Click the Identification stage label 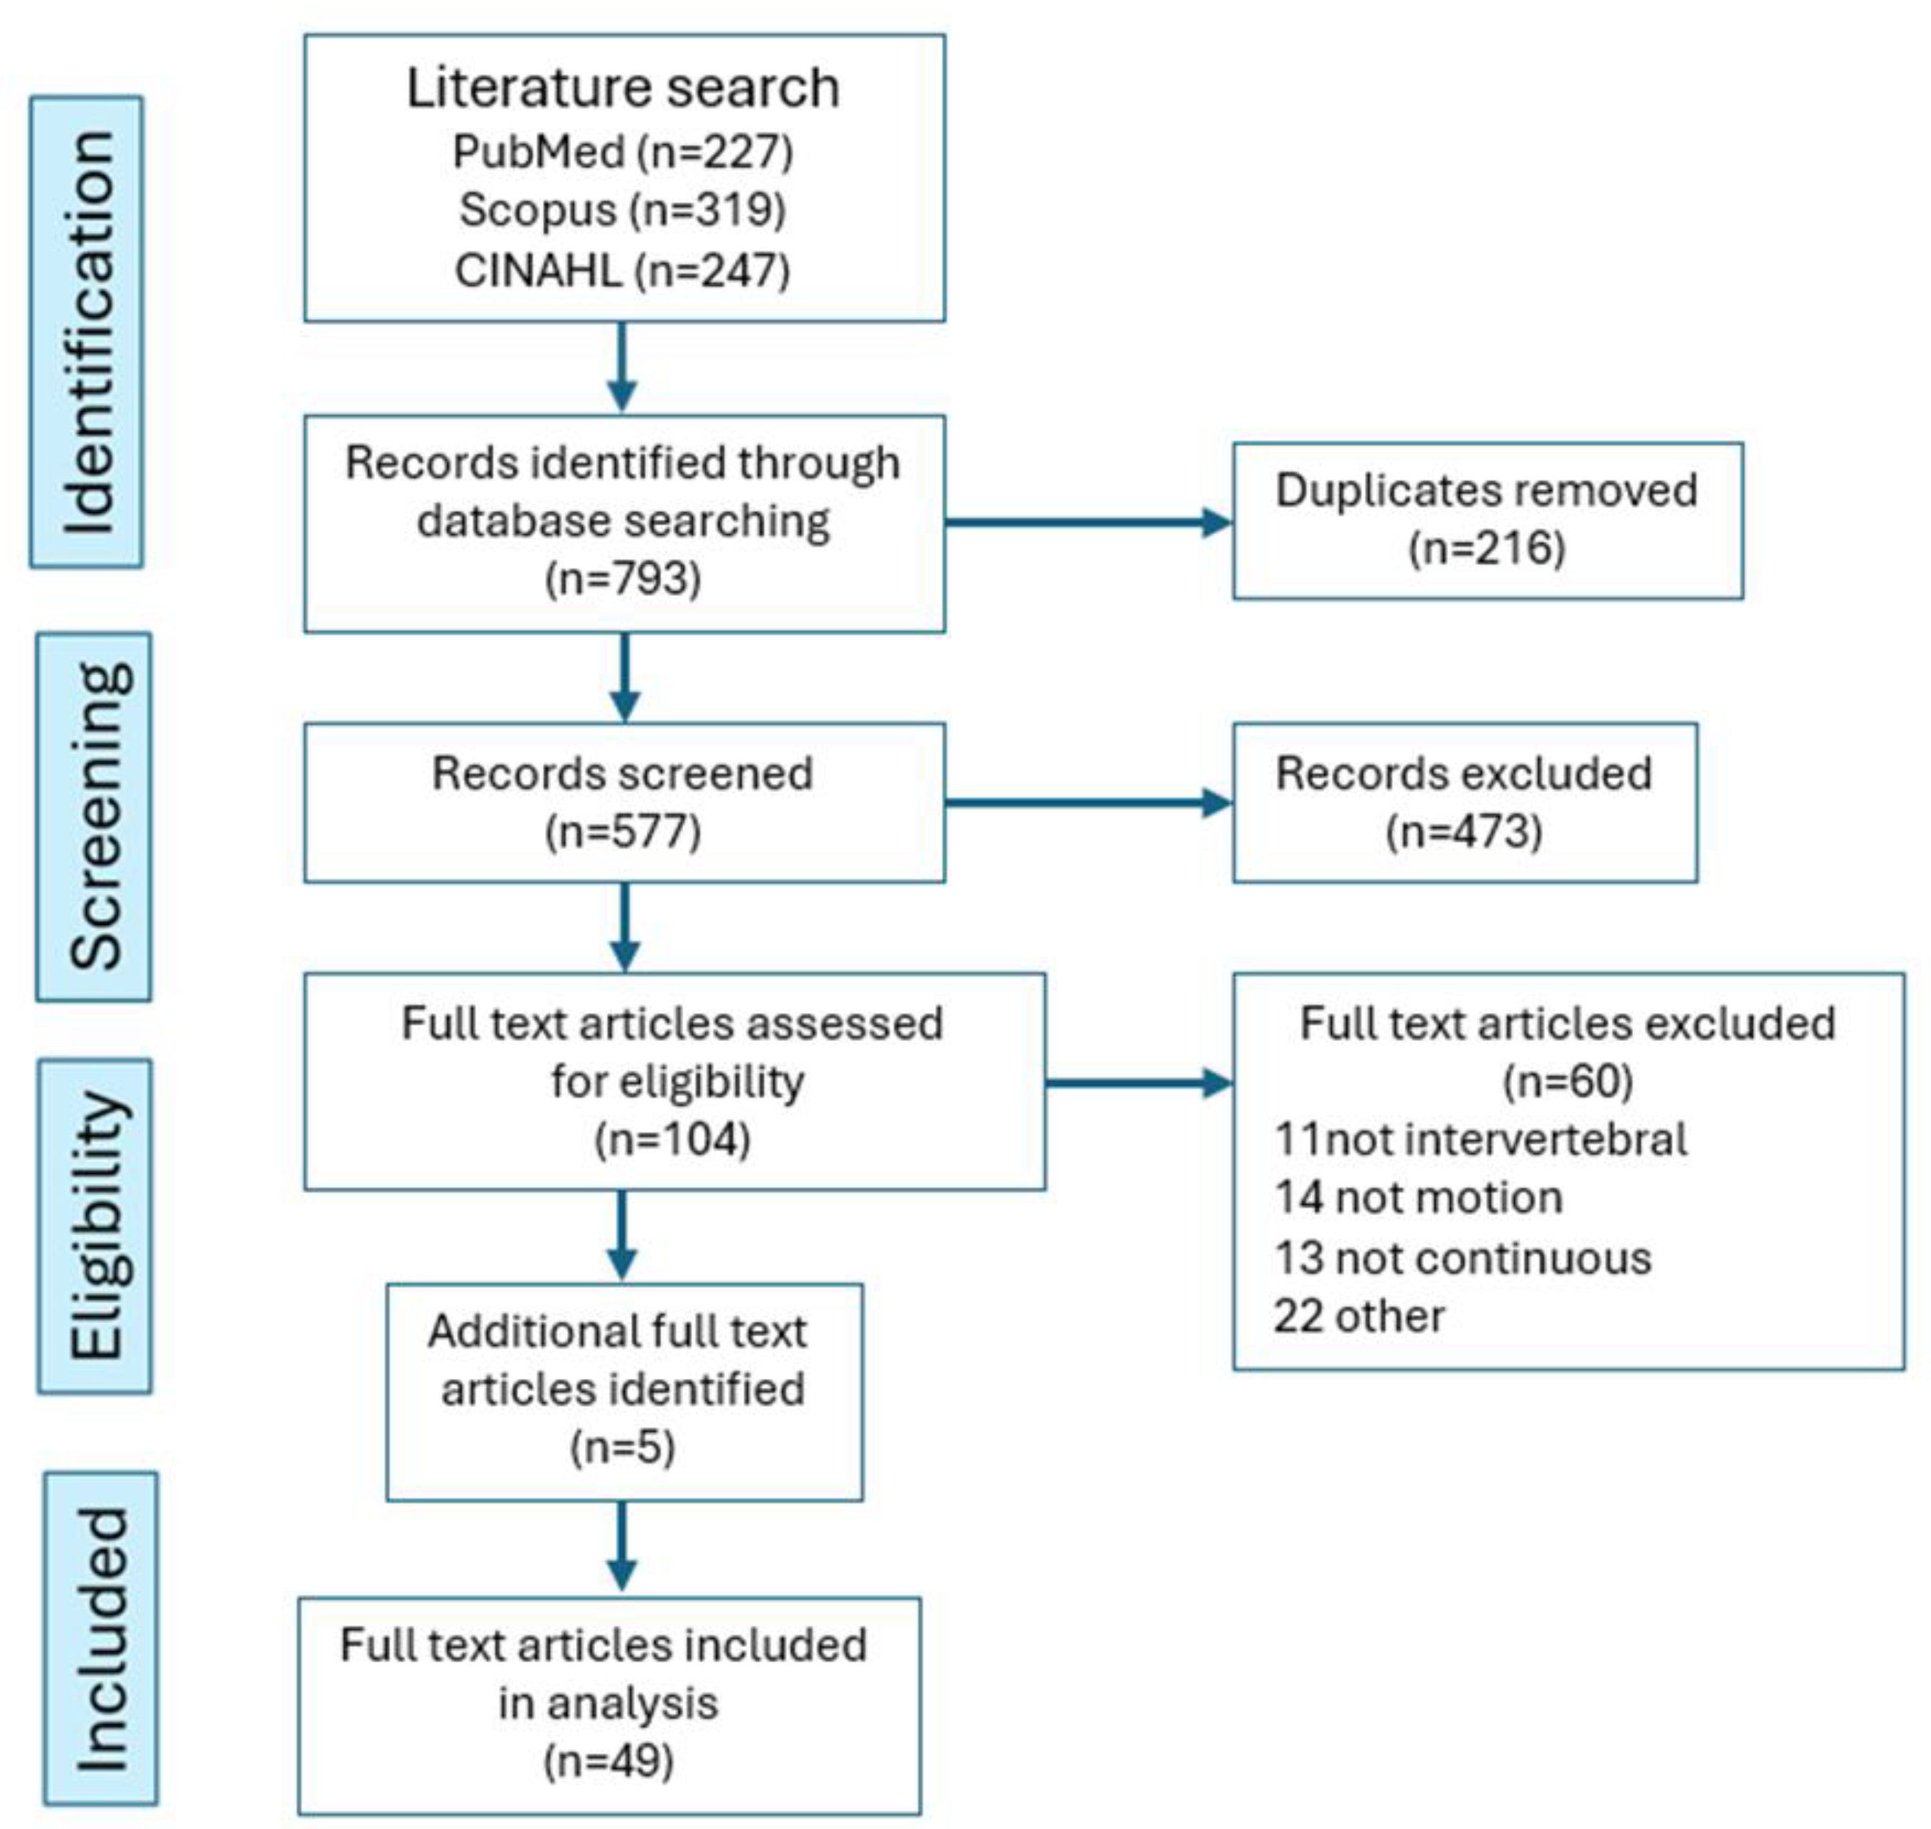pyautogui.click(x=87, y=331)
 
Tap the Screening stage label pyautogui.click(x=95, y=816)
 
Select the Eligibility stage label pyautogui.click(x=96, y=1225)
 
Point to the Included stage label pyautogui.click(x=100, y=1639)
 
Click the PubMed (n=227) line pyautogui.click(x=623, y=152)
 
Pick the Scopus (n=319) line pyautogui.click(x=623, y=210)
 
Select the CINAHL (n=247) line pyautogui.click(x=623, y=270)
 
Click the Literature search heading pyautogui.click(x=623, y=87)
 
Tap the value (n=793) pyautogui.click(x=623, y=578)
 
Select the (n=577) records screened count pyautogui.click(x=623, y=831)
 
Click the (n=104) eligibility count pyautogui.click(x=673, y=1139)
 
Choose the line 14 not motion pyautogui.click(x=1418, y=1197)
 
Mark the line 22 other pyautogui.click(x=1359, y=1316)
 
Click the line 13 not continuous pyautogui.click(x=1462, y=1257)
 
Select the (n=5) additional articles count pyautogui.click(x=623, y=1447)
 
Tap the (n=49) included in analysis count pyautogui.click(x=608, y=1761)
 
